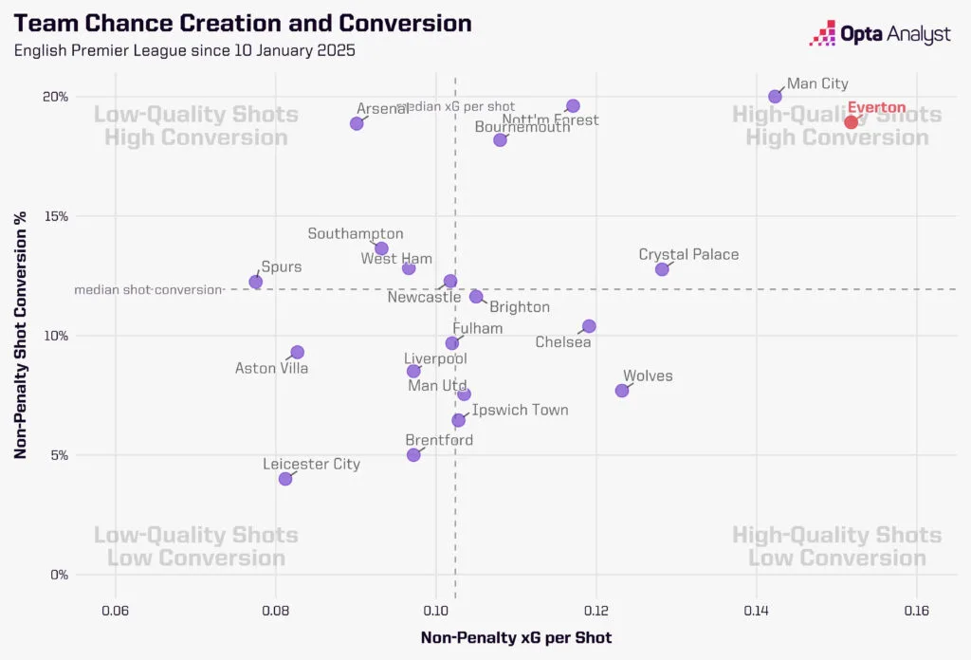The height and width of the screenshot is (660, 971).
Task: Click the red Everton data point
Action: [851, 121]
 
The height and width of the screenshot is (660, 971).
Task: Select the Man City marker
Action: [775, 96]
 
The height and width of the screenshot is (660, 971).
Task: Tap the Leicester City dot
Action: [285, 479]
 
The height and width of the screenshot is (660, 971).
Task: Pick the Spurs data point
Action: [255, 282]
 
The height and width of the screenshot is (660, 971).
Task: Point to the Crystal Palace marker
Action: [662, 269]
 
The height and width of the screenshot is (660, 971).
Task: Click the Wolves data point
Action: [622, 391]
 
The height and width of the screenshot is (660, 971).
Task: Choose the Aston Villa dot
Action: [297, 353]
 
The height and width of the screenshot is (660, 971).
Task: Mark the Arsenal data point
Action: [357, 123]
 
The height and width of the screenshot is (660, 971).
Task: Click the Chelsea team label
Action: [563, 341]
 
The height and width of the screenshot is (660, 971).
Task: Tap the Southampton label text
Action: [356, 233]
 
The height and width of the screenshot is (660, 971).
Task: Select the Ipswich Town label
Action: [520, 410]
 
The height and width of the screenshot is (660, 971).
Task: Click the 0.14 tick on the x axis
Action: [756, 599]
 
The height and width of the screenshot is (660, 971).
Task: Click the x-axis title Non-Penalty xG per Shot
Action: [516, 637]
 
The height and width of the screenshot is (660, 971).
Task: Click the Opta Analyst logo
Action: [879, 34]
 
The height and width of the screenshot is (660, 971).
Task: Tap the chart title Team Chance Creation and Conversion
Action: [243, 24]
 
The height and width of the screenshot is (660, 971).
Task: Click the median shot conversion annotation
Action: [147, 289]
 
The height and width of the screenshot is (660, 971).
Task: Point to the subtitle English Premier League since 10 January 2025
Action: [185, 50]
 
